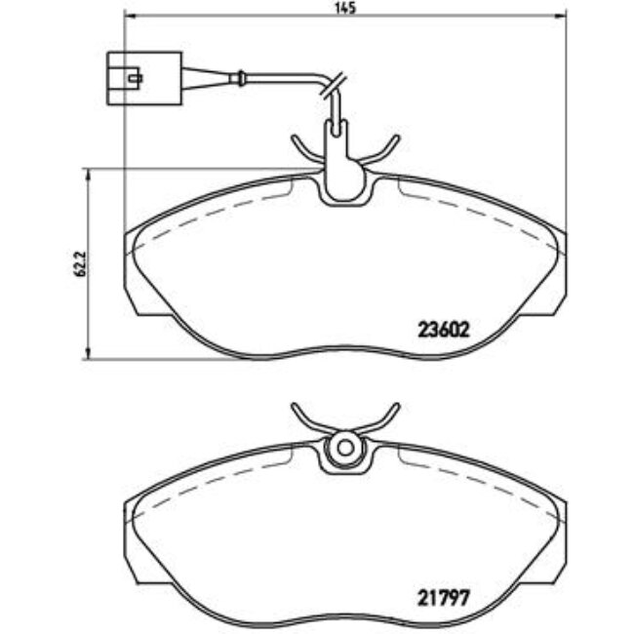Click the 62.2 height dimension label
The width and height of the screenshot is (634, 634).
tap(79, 264)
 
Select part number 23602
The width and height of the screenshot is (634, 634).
tap(445, 330)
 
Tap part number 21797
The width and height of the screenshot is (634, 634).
tap(445, 591)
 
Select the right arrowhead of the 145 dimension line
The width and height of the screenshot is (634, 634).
tap(561, 19)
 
